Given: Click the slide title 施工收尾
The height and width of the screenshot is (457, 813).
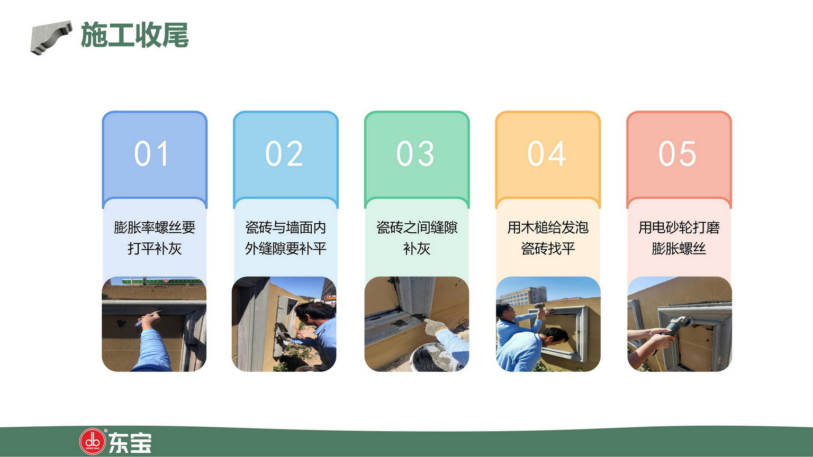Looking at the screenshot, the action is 134,35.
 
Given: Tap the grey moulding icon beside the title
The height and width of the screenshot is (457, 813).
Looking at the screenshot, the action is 51,38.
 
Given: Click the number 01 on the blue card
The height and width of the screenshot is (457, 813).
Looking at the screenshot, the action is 151,153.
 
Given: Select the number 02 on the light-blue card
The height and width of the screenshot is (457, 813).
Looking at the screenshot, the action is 284,153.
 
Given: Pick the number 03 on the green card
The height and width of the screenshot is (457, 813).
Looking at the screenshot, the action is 415,153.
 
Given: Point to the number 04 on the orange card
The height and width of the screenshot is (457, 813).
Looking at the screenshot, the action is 547,153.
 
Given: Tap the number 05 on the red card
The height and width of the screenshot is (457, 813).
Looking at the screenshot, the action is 677,153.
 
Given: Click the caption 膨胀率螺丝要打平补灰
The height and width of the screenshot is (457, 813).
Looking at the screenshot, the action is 155,238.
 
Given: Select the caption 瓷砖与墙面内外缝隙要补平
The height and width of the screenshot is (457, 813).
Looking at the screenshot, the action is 286,238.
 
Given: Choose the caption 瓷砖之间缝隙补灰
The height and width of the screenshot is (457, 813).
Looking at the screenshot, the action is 417,238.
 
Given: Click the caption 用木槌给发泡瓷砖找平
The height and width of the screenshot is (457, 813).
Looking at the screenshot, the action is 548,238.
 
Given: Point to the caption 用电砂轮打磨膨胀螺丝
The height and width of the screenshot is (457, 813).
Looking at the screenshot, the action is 679,238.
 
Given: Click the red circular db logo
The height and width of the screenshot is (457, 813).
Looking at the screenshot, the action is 92,442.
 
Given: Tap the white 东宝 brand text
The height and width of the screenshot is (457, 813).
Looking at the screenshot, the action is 130,442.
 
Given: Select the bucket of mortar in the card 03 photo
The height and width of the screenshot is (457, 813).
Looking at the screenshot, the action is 432,357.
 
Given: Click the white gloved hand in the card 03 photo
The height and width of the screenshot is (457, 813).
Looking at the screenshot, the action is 435,326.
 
